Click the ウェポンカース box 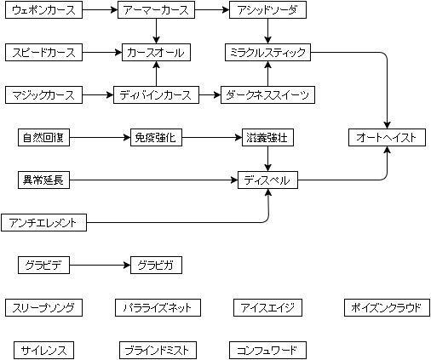point(43,10)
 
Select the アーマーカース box point(156,10)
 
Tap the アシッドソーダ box point(267,10)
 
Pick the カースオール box point(156,53)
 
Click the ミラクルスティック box point(267,53)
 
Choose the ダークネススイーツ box point(267,95)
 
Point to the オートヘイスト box point(387,138)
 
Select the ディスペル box point(267,180)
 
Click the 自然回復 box point(43,138)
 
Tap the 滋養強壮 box point(267,138)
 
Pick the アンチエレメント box point(43,223)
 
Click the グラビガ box point(156,266)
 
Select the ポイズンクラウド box point(387,308)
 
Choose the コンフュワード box point(267,351)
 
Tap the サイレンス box point(43,351)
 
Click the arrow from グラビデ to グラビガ point(100,266)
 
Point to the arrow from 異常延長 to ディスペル point(153,180)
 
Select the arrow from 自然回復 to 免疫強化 point(100,138)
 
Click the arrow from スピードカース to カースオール point(102,53)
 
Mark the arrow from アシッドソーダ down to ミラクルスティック point(267,31)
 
